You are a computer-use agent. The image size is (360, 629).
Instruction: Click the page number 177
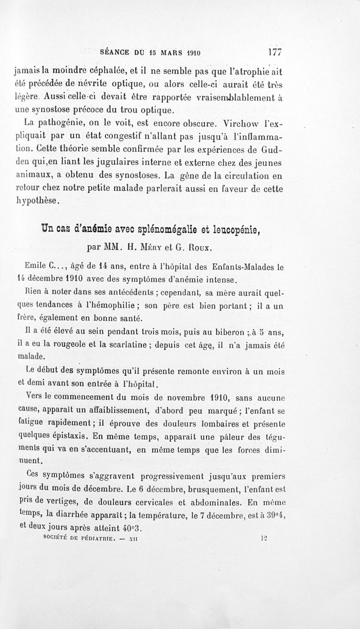coord(274,51)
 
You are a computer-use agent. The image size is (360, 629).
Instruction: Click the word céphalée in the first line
coord(104,70)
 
